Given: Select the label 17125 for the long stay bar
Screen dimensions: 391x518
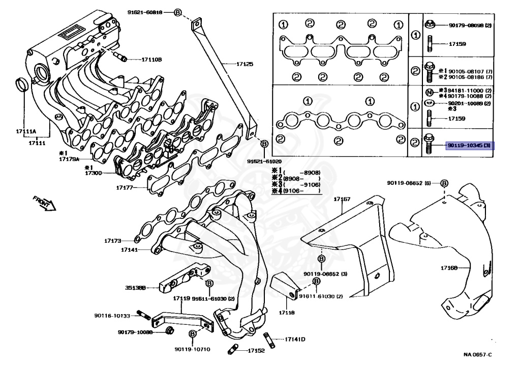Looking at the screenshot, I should (244, 64).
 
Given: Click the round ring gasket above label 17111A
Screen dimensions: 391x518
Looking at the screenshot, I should (22, 83).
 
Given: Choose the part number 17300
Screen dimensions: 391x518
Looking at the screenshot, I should (94, 173).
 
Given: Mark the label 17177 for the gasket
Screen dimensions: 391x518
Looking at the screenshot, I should (125, 188).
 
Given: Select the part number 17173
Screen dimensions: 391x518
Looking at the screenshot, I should (113, 240).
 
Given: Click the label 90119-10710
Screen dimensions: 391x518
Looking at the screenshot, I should (192, 349).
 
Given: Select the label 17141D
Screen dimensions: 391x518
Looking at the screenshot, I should (294, 339).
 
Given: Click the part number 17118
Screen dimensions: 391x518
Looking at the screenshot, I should (286, 313).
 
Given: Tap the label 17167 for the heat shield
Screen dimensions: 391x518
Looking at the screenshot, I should (342, 199).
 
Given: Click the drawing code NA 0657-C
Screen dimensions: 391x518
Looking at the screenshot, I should (477, 354).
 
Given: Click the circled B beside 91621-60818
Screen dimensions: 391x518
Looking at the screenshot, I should (177, 12).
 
